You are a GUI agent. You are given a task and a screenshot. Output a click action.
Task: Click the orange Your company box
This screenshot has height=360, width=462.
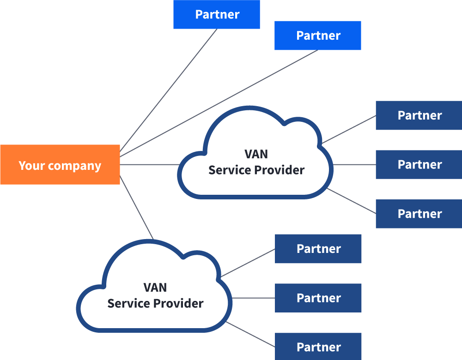coord(60,165)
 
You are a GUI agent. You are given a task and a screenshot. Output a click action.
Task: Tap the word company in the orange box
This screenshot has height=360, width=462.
coord(74,166)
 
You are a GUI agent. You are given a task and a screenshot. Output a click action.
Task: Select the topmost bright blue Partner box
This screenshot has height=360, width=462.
coord(217,14)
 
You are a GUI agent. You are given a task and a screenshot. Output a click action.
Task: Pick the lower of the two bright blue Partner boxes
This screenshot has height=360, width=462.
coord(318,36)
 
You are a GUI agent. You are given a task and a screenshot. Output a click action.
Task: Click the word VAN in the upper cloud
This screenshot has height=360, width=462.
coord(256,154)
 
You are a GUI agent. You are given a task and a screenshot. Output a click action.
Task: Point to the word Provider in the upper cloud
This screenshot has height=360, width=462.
coord(280,170)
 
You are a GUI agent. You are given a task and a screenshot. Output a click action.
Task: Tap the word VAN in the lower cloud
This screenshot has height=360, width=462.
coord(155,288)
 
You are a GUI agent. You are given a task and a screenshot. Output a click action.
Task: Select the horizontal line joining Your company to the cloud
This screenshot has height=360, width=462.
coord(150,165)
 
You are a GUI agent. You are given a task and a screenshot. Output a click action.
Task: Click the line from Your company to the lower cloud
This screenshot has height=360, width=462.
coord(137,208)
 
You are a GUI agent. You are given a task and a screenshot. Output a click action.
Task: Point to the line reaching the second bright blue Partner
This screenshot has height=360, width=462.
coord(219,103)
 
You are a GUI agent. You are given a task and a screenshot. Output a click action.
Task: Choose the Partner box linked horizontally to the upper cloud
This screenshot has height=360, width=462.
coord(419,165)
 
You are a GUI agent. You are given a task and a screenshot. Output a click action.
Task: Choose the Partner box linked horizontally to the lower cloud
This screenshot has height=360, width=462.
coord(318,298)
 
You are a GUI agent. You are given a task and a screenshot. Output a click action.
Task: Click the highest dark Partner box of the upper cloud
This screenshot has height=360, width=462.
coord(419,115)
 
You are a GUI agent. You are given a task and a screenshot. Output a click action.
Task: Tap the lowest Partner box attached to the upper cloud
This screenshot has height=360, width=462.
coord(419,214)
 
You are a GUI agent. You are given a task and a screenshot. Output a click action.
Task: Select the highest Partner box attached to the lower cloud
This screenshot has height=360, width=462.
coord(318,249)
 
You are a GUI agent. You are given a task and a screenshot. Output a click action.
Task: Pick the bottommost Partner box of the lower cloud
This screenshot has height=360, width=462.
coord(318,347)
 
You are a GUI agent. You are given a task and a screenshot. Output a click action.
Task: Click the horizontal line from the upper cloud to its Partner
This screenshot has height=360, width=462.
coord(354,165)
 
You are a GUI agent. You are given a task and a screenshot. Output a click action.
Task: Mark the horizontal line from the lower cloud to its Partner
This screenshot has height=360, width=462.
coord(253,298)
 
